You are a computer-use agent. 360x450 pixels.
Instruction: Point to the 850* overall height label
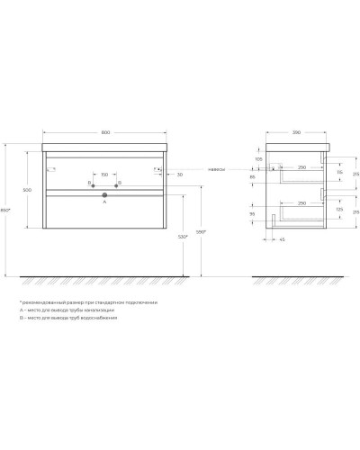(x=6, y=211)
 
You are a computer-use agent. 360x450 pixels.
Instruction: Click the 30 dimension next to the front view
(x=180, y=175)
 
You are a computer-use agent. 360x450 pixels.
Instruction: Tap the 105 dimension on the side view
(x=258, y=158)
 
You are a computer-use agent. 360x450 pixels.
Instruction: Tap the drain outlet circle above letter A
(x=105, y=193)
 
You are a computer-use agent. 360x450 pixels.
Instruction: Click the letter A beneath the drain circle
(x=105, y=203)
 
